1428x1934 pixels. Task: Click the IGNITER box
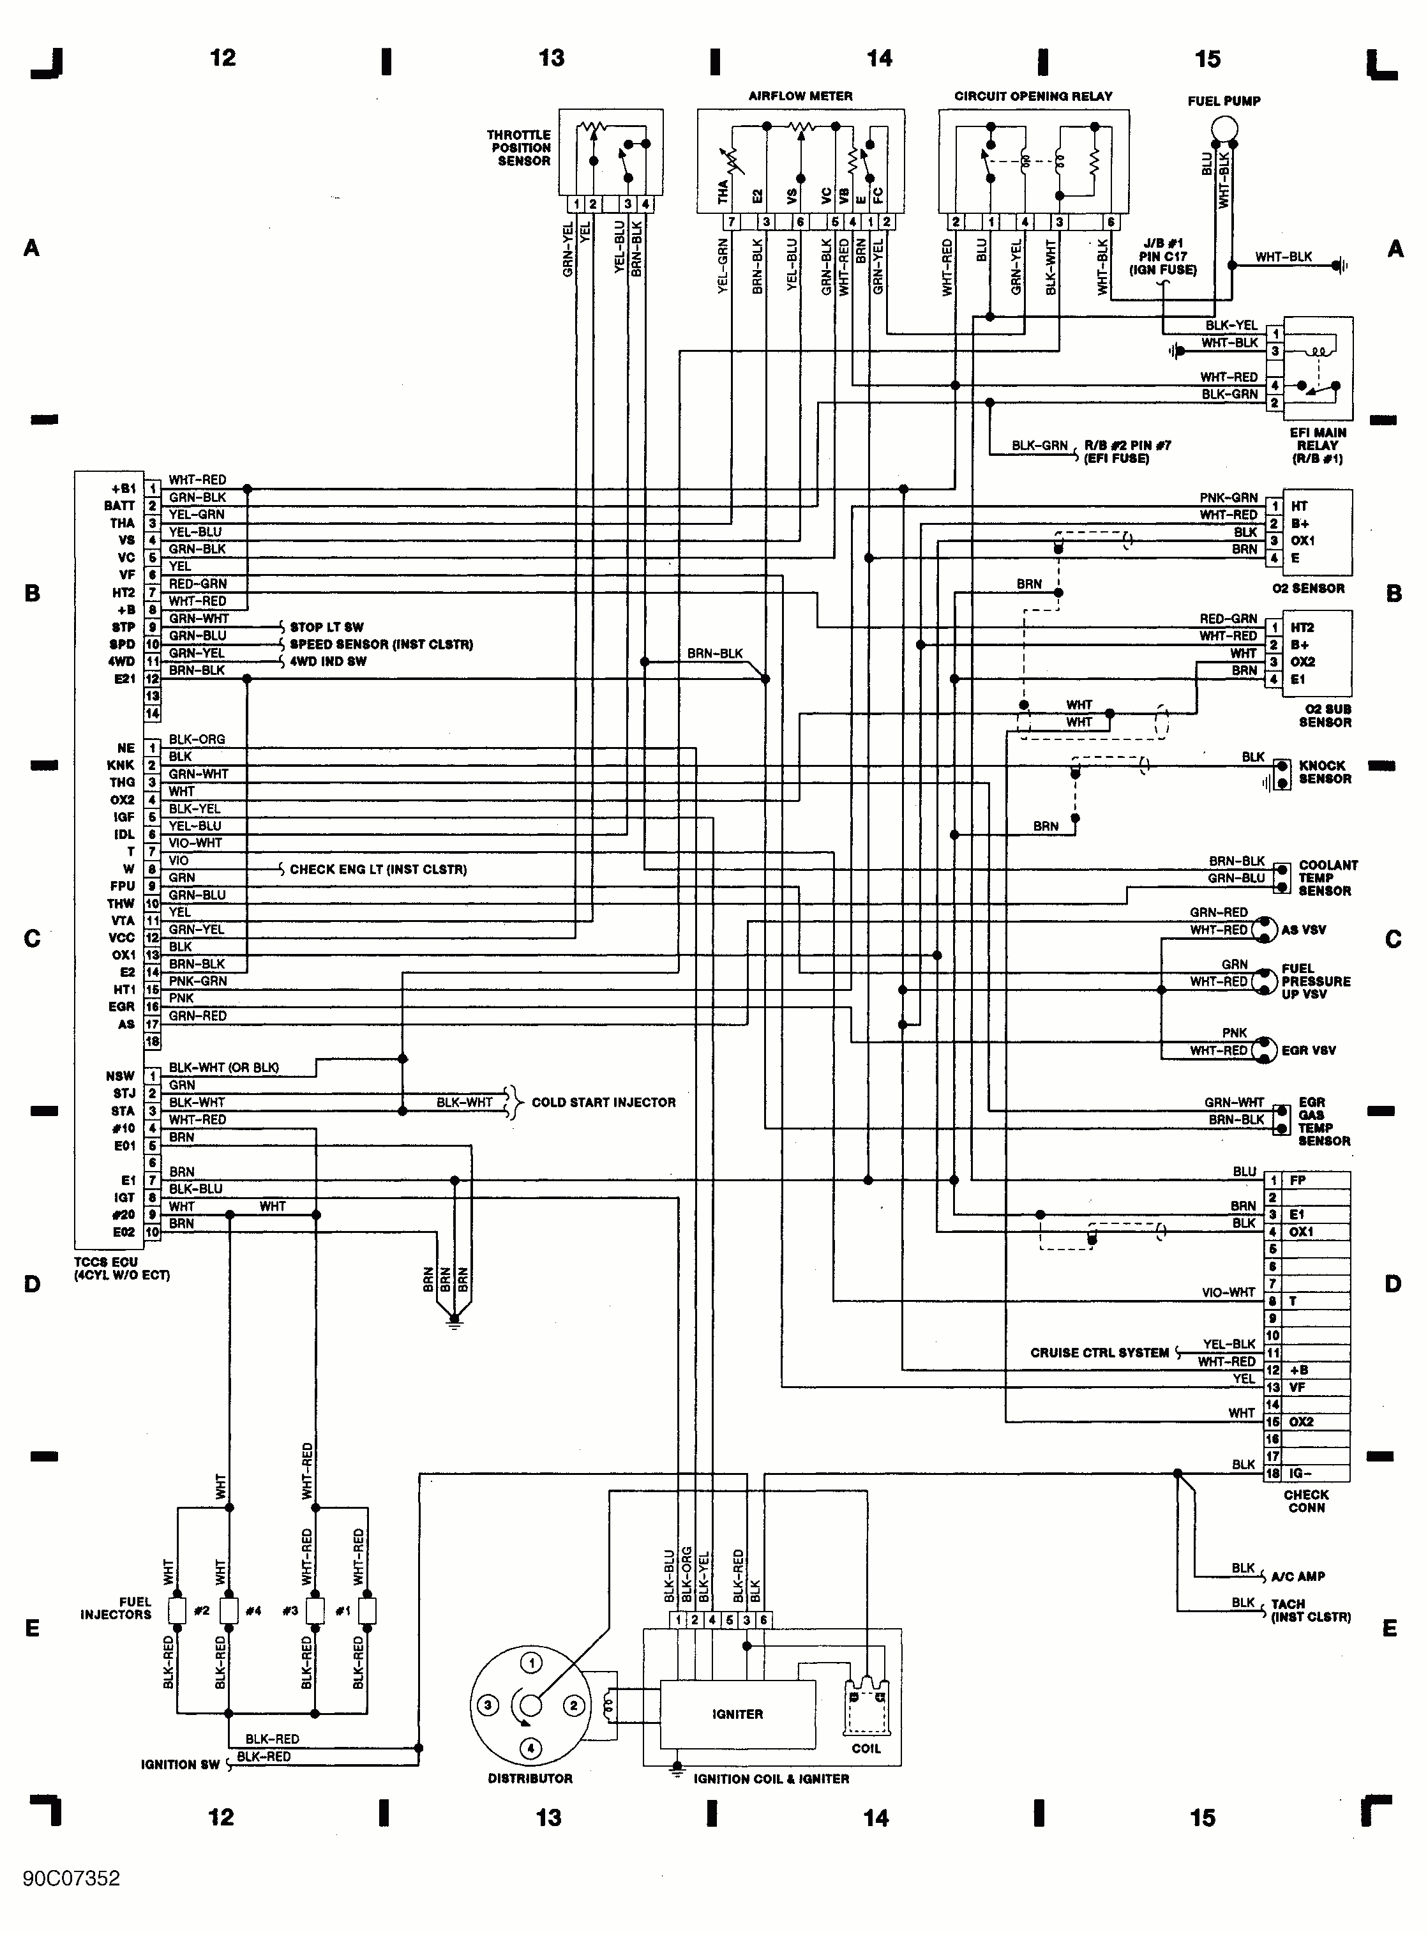pyautogui.click(x=737, y=1714)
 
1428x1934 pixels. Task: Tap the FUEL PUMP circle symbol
pyautogui.click(x=1224, y=130)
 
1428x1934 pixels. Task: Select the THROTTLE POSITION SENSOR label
pyautogui.click(x=518, y=148)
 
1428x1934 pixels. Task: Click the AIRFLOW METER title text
pyautogui.click(x=800, y=96)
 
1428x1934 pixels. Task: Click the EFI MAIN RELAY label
pyautogui.click(x=1318, y=445)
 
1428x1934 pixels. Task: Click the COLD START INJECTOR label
pyautogui.click(x=603, y=1102)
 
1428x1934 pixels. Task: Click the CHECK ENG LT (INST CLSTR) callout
pyautogui.click(x=378, y=869)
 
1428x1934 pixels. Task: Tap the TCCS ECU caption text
pyautogui.click(x=121, y=1268)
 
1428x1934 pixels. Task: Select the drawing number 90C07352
pyautogui.click(x=71, y=1878)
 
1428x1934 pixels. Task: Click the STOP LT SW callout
pyautogui.click(x=327, y=627)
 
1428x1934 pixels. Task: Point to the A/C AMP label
pyautogui.click(x=1298, y=1576)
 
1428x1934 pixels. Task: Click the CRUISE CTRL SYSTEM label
pyautogui.click(x=1099, y=1352)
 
